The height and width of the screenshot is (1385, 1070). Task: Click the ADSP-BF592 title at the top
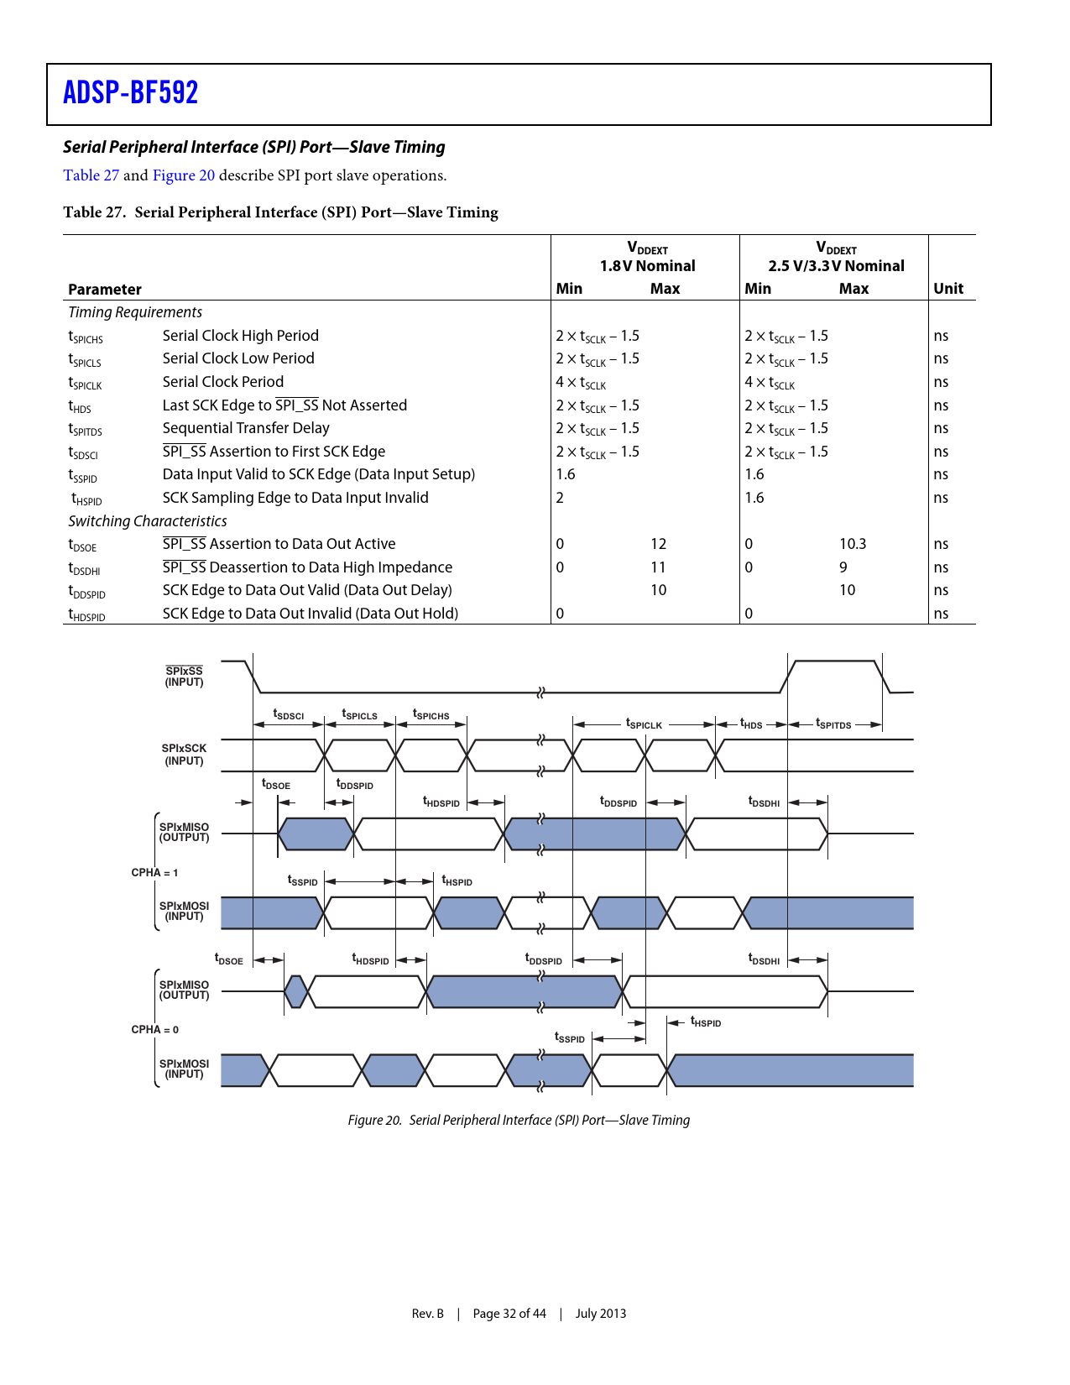click(131, 92)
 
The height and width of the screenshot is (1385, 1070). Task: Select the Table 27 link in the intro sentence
click(91, 175)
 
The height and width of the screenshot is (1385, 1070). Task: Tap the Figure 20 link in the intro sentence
click(183, 175)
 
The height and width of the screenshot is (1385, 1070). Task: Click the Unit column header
click(948, 289)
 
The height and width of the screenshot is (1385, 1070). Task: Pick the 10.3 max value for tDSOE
click(853, 544)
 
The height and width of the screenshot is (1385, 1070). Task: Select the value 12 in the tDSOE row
click(659, 544)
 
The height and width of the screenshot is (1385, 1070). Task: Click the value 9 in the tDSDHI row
click(843, 567)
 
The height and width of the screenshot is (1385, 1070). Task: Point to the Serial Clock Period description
click(223, 382)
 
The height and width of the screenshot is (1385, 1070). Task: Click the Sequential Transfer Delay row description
click(246, 428)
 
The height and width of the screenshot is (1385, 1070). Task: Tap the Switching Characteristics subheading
click(148, 521)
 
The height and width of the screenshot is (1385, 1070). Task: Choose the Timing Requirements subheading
click(135, 312)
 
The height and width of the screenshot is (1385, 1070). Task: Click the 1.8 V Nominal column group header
click(647, 266)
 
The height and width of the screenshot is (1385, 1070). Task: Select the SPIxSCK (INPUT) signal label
click(184, 755)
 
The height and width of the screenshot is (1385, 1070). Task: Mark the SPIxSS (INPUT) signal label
click(184, 677)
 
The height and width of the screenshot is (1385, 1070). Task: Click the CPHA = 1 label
click(154, 873)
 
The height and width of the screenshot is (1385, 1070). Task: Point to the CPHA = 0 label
click(154, 1030)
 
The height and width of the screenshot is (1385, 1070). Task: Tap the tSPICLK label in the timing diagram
click(644, 724)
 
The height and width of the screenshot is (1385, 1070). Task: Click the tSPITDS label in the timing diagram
click(833, 724)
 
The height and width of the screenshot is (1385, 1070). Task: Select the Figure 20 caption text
click(519, 1121)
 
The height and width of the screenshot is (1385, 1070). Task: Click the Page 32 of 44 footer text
click(509, 1314)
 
